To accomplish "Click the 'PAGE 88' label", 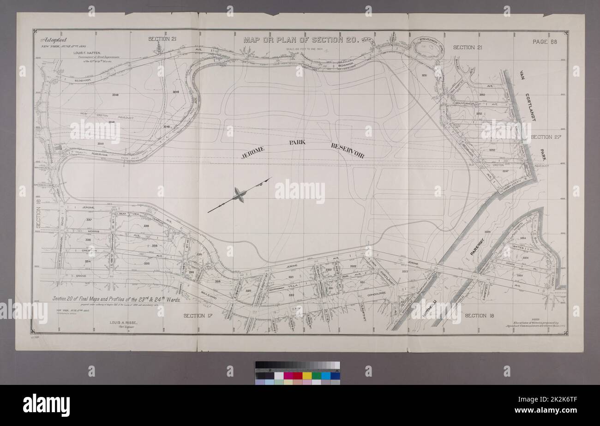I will [546, 42].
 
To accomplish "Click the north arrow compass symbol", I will [239, 195].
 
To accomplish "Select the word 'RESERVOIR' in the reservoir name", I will [347, 150].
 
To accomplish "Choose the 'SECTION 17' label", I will [197, 316].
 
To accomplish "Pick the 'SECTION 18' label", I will [479, 316].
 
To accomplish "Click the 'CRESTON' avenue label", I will [88, 251].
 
